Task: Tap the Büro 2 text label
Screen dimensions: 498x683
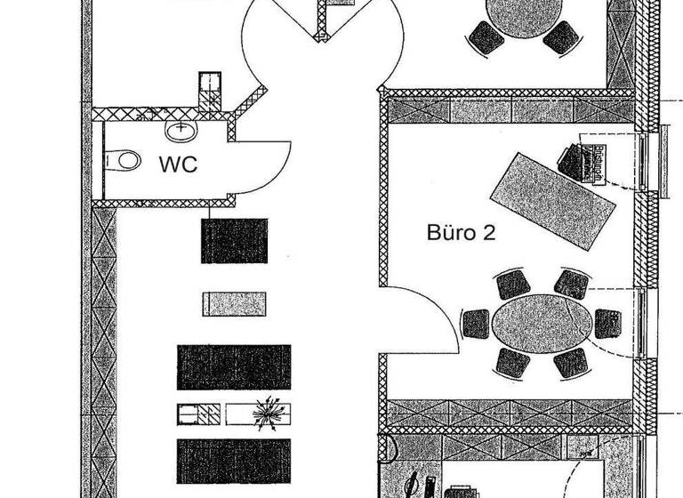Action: coord(461,234)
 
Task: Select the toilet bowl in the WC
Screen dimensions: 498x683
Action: coord(124,161)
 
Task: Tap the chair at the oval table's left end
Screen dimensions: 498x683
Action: coord(476,325)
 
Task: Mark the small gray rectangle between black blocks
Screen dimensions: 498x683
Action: coord(237,304)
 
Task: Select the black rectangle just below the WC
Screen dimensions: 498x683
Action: coord(235,240)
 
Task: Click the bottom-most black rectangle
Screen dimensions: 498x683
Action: coord(234,461)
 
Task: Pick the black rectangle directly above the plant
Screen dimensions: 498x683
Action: coord(234,366)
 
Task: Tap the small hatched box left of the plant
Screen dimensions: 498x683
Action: coord(197,414)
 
